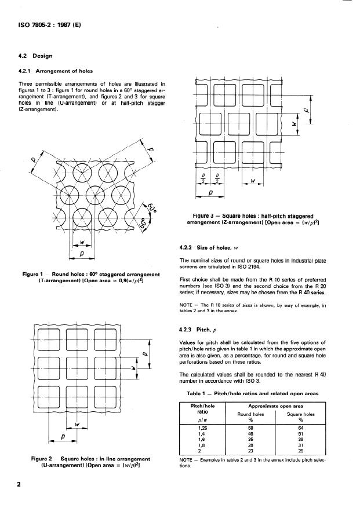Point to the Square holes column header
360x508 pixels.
point(300,415)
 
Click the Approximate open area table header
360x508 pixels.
point(275,407)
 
